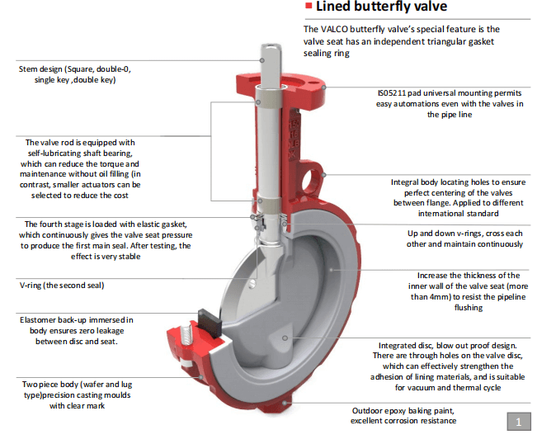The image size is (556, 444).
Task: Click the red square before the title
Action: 309,7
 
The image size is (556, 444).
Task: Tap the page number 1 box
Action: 517,423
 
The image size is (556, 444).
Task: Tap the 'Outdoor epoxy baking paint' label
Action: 403,410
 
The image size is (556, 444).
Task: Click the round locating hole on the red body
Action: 314,176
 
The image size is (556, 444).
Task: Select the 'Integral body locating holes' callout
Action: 445,182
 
